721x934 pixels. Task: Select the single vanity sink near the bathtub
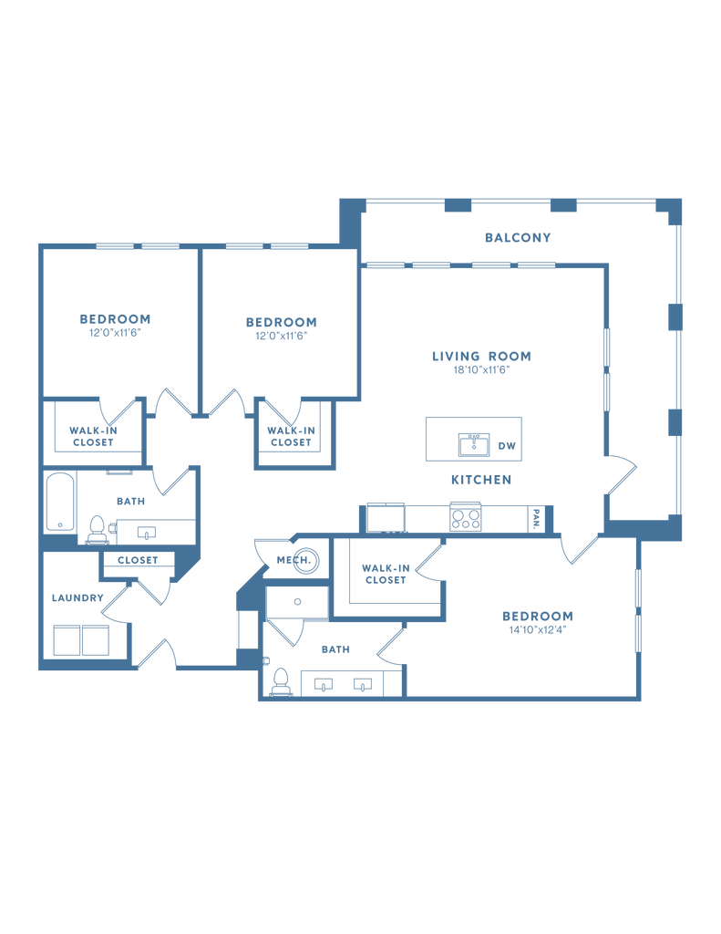point(145,532)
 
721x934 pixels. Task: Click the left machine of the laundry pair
point(68,640)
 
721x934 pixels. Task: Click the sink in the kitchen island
point(473,444)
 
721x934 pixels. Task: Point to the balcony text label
point(518,239)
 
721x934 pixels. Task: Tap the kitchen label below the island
point(480,479)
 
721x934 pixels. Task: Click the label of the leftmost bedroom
point(115,325)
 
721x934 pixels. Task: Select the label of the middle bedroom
point(281,327)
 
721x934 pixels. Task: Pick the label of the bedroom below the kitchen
point(538,621)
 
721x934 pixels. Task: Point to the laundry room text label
point(77,598)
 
